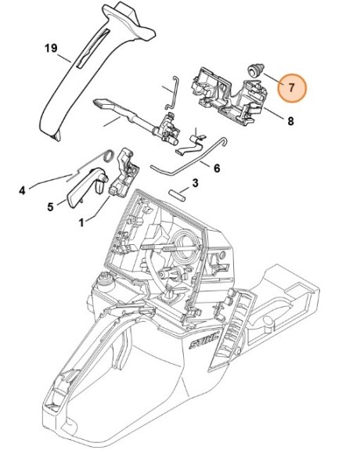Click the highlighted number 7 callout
[290, 88]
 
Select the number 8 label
[290, 121]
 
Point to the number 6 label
[216, 168]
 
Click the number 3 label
[195, 183]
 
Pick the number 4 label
[22, 189]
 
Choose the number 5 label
[50, 207]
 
